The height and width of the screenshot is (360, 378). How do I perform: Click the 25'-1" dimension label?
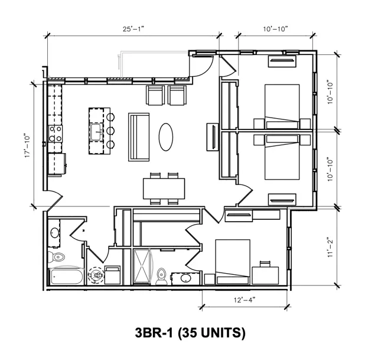pyautogui.click(x=133, y=29)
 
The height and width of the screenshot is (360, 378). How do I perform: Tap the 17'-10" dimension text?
pyautogui.click(x=28, y=146)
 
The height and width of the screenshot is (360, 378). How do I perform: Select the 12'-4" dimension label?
pyautogui.click(x=245, y=300)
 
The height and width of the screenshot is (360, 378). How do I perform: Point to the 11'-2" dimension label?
pyautogui.click(x=330, y=248)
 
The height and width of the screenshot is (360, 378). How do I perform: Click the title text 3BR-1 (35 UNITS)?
pyautogui.click(x=190, y=332)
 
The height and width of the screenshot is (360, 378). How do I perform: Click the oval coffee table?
pyautogui.click(x=166, y=137)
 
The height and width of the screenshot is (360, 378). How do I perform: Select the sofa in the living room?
pyautogui.click(x=139, y=137)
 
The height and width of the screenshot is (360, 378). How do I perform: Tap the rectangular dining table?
pyautogui.click(x=164, y=189)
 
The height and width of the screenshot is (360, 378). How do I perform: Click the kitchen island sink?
pyautogui.click(x=96, y=132)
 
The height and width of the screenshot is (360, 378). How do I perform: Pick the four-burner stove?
pyautogui.click(x=55, y=134)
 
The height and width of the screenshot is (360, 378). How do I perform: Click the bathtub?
pyautogui.click(x=66, y=276)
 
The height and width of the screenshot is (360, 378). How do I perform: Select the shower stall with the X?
pyautogui.click(x=142, y=266)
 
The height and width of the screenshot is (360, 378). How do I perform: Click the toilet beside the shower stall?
pyautogui.click(x=161, y=277)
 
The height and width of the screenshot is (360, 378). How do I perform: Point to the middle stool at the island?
pyautogui.click(x=110, y=131)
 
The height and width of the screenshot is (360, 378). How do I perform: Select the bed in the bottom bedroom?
pyautogui.click(x=233, y=262)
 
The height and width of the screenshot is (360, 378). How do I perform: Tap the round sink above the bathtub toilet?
pyautogui.click(x=55, y=233)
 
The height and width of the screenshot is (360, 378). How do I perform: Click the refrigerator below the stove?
pyautogui.click(x=57, y=164)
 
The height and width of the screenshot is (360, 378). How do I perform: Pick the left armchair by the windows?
pyautogui.click(x=155, y=95)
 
